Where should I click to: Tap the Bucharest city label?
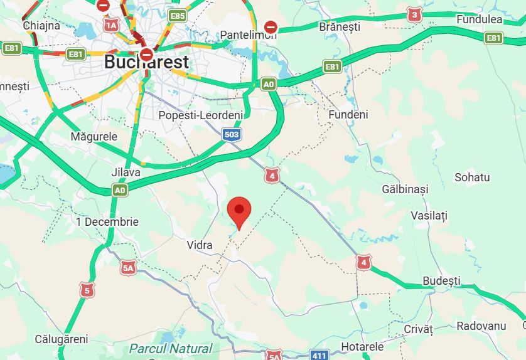coord(146,62)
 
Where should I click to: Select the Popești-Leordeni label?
coord(200,115)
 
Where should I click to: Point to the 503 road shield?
coord(231,134)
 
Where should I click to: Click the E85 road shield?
coord(178,16)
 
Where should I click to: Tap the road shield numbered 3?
coord(414,14)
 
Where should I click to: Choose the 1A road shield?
coord(111,24)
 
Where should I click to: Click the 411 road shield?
coord(319,356)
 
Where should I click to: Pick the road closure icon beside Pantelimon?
coord(271,27)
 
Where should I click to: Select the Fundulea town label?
coord(480,19)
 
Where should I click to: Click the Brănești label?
coord(340,27)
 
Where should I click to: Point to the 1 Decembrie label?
coord(107,222)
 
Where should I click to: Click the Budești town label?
coord(441,280)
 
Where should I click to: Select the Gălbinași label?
coord(405,189)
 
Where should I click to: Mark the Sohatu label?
coord(472,177)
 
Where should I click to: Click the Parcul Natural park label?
coord(171,349)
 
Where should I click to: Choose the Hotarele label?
coord(362,347)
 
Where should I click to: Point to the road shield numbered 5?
coord(86,290)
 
